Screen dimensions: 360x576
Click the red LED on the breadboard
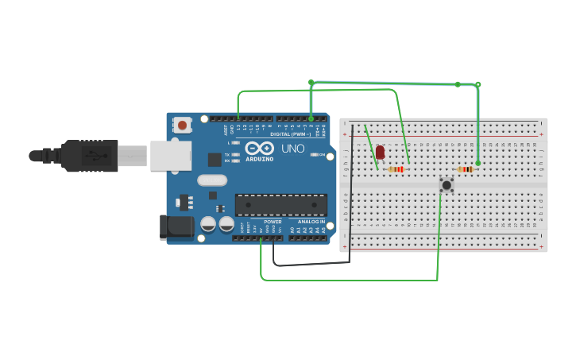click(x=380, y=152)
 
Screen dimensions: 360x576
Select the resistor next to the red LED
click(x=396, y=169)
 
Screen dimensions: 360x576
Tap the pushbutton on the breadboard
click(x=446, y=185)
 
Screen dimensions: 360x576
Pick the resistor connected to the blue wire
click(x=466, y=169)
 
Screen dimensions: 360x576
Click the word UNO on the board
click(x=293, y=148)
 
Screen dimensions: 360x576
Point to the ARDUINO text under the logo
click(x=259, y=159)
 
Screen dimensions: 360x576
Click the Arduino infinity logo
click(x=260, y=148)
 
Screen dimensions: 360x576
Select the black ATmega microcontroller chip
click(x=280, y=205)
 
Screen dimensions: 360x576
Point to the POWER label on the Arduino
click(x=273, y=222)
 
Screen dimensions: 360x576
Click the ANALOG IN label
click(x=311, y=222)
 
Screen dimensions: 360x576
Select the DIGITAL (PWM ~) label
click(x=292, y=134)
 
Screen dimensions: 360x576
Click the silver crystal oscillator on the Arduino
click(x=212, y=180)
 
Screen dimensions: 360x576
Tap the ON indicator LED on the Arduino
click(x=315, y=154)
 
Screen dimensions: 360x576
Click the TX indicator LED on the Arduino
click(x=236, y=154)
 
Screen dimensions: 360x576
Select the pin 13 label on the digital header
click(x=238, y=127)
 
